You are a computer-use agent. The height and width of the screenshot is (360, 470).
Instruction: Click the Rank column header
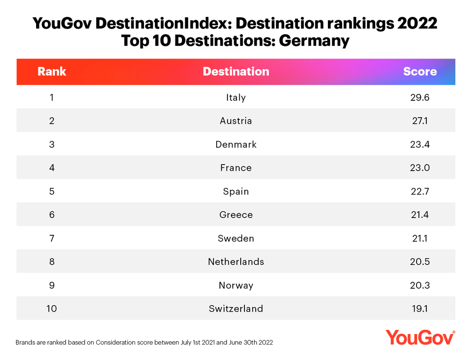(52, 72)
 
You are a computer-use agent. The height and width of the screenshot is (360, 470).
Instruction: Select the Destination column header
(236, 72)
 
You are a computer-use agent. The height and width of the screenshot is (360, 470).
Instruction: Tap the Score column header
(420, 72)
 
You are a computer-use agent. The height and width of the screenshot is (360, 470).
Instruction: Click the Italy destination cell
(236, 97)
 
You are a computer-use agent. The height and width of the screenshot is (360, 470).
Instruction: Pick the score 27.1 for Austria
(420, 121)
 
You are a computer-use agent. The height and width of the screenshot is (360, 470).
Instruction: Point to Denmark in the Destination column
(236, 144)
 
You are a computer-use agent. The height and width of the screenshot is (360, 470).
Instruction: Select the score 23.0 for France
(420, 168)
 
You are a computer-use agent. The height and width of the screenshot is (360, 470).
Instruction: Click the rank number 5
(52, 191)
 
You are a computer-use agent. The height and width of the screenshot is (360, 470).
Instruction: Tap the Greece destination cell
(236, 215)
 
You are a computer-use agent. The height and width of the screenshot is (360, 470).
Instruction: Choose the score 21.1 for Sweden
(420, 238)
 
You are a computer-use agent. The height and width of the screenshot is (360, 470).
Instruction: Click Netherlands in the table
(236, 262)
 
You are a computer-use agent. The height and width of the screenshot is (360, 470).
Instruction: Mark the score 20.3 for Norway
(420, 285)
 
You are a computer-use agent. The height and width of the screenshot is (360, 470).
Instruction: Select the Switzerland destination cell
(236, 308)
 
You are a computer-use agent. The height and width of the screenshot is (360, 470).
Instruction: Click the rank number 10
(52, 308)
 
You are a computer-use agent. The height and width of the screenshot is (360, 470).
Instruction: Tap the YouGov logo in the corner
(420, 337)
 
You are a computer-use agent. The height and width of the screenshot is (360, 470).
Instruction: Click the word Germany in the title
(314, 40)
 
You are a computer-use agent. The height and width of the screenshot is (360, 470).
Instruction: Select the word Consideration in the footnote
(120, 343)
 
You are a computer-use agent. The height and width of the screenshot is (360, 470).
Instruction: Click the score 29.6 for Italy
(420, 97)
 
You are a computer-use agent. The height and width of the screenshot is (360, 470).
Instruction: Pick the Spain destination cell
(236, 191)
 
